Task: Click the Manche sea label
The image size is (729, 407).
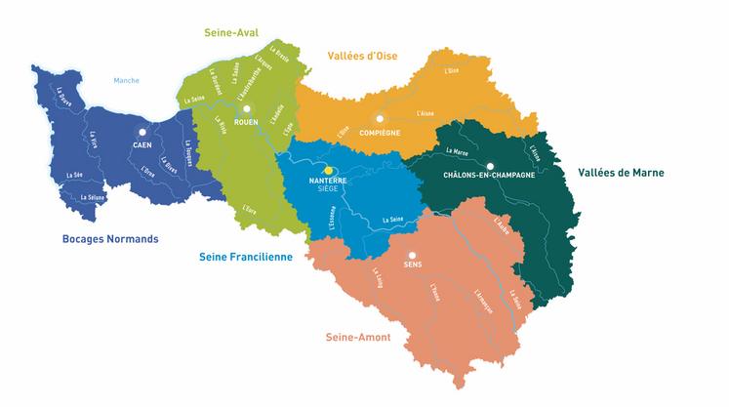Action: click(x=127, y=81)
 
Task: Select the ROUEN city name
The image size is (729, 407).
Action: click(x=247, y=122)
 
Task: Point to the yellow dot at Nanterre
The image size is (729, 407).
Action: click(x=328, y=170)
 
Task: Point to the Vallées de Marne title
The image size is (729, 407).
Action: click(x=621, y=173)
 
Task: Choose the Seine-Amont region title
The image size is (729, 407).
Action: click(x=357, y=337)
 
